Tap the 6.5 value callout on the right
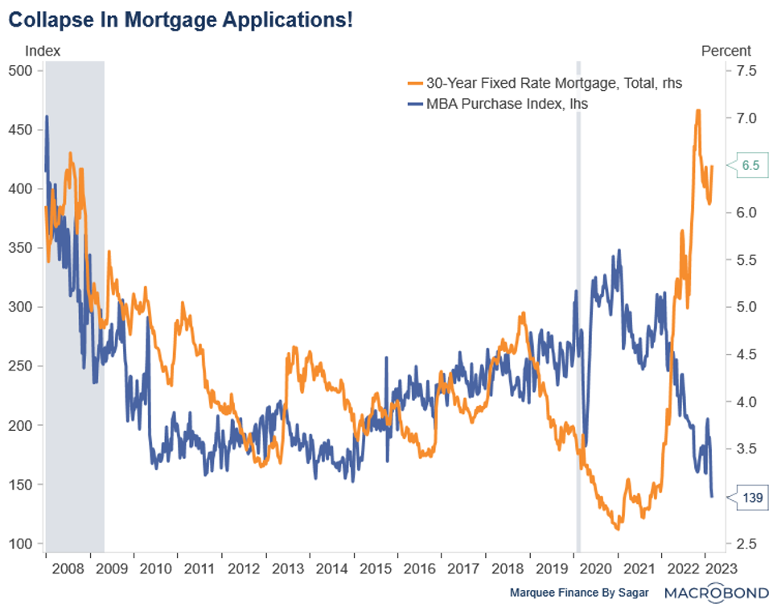tap(750, 166)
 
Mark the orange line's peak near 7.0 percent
tap(697, 111)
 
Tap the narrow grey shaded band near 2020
tap(578, 306)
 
